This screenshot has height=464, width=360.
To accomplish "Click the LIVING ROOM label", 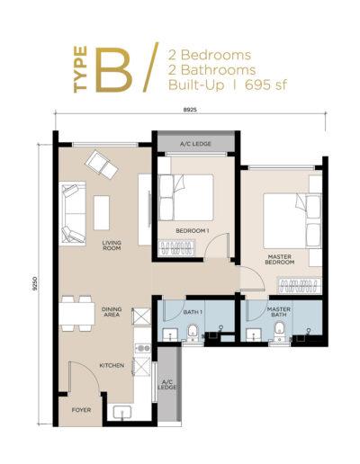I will click(x=112, y=245).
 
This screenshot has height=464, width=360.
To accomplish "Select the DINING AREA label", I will click(x=112, y=312).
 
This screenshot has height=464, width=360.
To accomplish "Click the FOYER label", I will click(x=82, y=409).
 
